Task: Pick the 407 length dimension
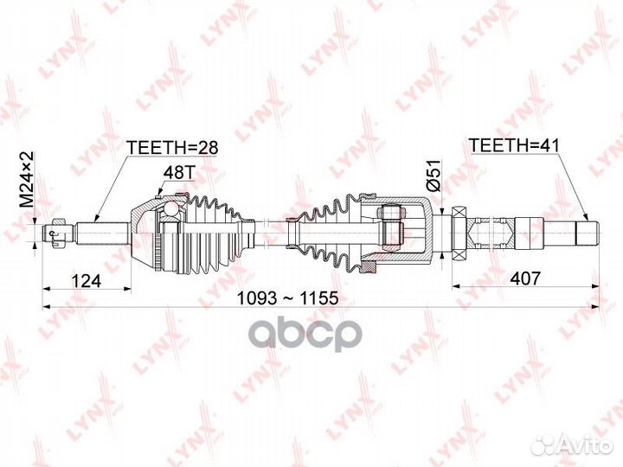pyautogui.click(x=525, y=278)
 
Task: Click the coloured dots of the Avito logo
pyautogui.click(x=545, y=445)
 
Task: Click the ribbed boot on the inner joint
pyautogui.click(x=324, y=232)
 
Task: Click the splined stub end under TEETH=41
pyautogui.click(x=587, y=231)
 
